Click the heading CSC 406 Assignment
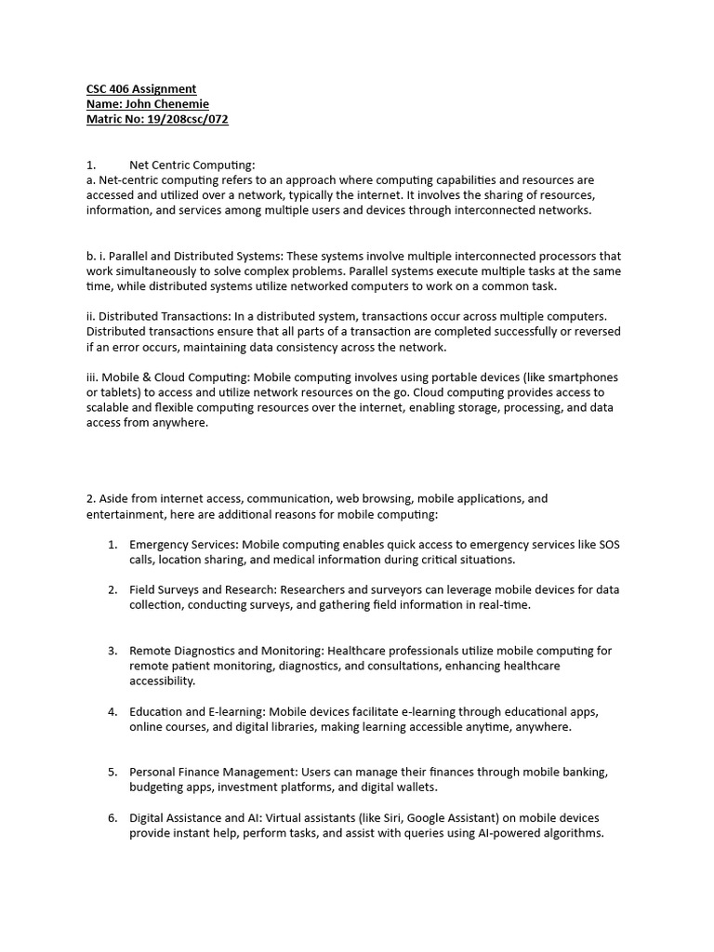coord(141,89)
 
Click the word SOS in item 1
coord(609,544)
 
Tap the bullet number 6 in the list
coord(112,817)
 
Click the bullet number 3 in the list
coord(112,651)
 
